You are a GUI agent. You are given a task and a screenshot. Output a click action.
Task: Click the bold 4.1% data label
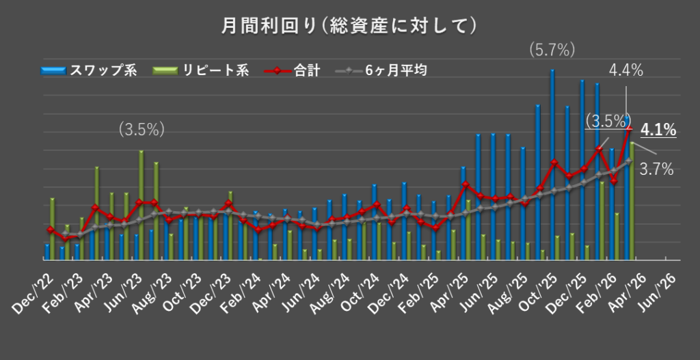[x=660, y=129]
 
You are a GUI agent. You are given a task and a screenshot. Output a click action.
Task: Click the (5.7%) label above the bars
[x=552, y=49]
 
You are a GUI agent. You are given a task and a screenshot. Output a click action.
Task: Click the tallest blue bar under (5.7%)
[x=552, y=164]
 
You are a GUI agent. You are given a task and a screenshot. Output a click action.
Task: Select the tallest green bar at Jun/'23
[x=141, y=205]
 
